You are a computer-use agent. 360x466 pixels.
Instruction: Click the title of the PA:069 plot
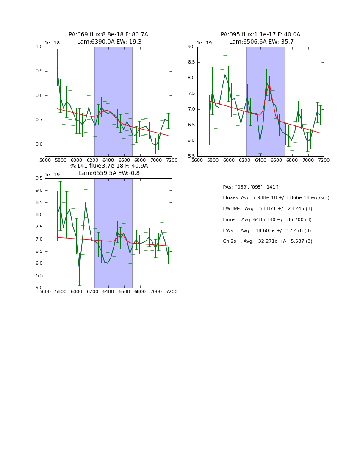point(108,38)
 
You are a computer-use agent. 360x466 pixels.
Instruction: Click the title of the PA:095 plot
point(260,38)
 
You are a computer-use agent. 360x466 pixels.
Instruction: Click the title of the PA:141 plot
point(108,169)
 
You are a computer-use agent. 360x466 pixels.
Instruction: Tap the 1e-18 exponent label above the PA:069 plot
point(52,43)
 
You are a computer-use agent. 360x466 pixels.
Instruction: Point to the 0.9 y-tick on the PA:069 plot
point(39,71)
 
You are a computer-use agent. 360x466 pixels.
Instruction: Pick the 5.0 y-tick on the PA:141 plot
point(39,288)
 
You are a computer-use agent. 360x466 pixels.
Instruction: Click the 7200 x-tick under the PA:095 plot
point(324,161)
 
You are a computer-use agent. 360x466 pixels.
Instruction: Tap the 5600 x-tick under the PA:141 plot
point(45,292)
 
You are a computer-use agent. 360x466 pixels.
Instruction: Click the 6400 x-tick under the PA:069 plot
point(108,161)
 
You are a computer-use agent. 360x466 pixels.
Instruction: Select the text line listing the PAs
point(251,187)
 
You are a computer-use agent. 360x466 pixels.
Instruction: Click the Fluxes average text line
point(276,198)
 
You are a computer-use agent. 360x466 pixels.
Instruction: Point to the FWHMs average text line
point(268,209)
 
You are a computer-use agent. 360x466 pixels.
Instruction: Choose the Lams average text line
point(267,220)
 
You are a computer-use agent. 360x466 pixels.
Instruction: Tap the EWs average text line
point(267,231)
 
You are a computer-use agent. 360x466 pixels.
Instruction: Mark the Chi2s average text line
point(268,241)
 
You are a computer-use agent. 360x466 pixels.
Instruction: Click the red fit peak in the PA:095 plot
point(269,84)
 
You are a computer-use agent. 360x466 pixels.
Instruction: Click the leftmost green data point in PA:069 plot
point(57,67)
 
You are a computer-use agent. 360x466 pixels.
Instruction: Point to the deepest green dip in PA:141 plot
point(79,269)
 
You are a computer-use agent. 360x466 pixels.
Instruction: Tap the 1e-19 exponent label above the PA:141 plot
point(52,175)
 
